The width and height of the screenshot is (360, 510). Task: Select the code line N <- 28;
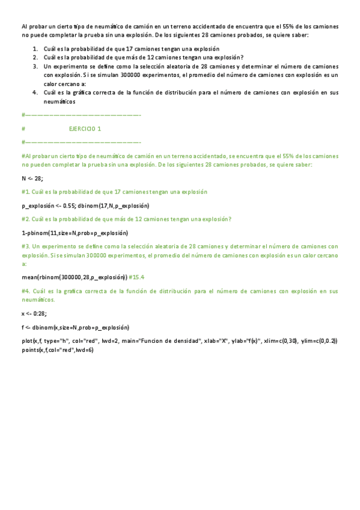(32, 179)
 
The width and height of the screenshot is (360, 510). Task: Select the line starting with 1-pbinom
(75, 233)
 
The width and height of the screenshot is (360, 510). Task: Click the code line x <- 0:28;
(34, 313)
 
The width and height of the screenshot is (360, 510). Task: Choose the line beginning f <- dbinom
(75, 328)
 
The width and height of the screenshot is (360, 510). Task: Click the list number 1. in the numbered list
(35, 48)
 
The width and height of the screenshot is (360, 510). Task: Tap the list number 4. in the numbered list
(35, 93)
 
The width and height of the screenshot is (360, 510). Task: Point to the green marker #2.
(25, 219)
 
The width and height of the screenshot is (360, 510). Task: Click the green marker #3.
(25, 247)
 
